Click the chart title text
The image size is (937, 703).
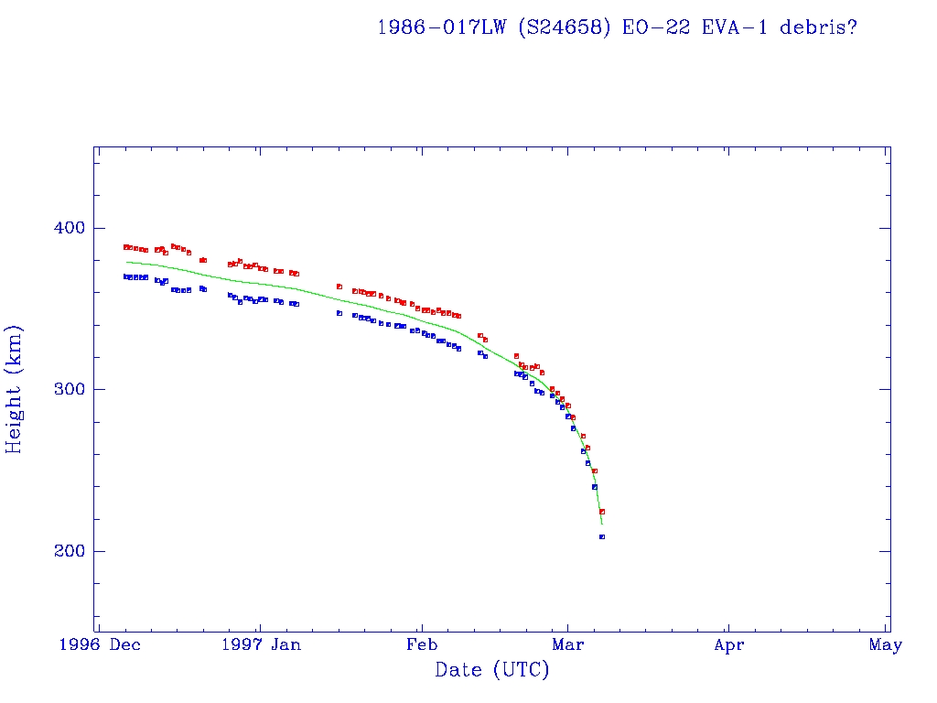pyautogui.click(x=617, y=27)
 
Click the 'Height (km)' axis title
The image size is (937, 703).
pyautogui.click(x=15, y=389)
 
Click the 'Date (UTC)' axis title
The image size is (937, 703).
pyautogui.click(x=492, y=670)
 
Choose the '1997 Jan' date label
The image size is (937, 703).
pyautogui.click(x=261, y=645)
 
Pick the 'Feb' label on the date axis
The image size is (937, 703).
pyautogui.click(x=421, y=645)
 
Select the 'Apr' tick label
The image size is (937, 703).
pyautogui.click(x=728, y=645)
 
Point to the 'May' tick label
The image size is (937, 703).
pyautogui.click(x=886, y=645)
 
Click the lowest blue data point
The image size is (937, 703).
pyautogui.click(x=601, y=536)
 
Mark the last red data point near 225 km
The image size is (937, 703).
pyautogui.click(x=602, y=512)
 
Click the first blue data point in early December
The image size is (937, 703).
pyautogui.click(x=126, y=276)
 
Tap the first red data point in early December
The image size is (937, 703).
pyautogui.click(x=126, y=247)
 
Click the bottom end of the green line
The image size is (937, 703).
pyautogui.click(x=602, y=524)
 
